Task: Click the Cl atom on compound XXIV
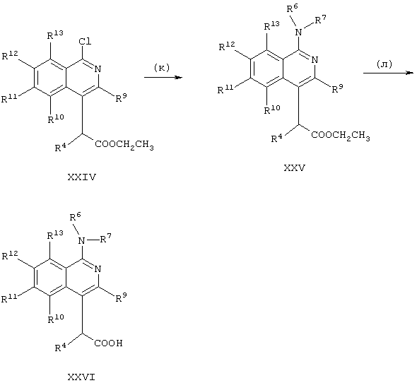click(x=85, y=41)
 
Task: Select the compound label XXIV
click(x=82, y=177)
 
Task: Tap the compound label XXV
click(x=295, y=168)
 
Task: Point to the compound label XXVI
click(x=81, y=377)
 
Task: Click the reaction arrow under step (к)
click(x=163, y=78)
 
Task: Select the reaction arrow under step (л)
click(x=388, y=73)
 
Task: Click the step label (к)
click(x=162, y=68)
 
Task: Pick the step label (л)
click(x=384, y=64)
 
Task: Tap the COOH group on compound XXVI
click(x=109, y=343)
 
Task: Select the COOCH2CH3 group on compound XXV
click(x=341, y=136)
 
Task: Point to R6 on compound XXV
click(x=293, y=8)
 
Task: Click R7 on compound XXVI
click(x=105, y=238)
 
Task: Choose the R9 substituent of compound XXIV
click(x=121, y=98)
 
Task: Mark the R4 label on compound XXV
click(x=276, y=138)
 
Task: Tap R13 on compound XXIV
click(x=55, y=35)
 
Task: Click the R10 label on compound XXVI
click(x=56, y=319)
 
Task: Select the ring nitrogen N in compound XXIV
click(x=98, y=69)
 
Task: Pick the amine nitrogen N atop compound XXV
click(x=299, y=33)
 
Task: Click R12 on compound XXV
click(x=227, y=46)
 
